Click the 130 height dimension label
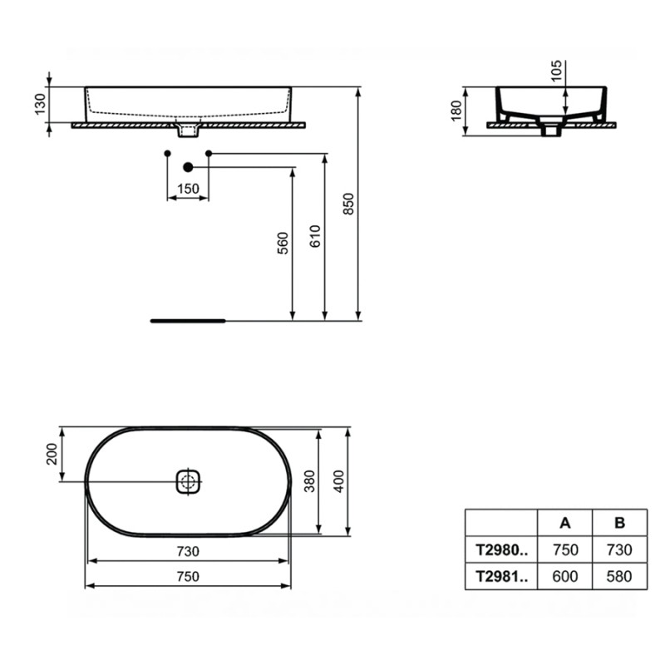tap(40, 105)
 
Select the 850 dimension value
tap(348, 204)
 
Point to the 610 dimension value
tap(315, 236)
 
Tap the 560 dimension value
tap(283, 243)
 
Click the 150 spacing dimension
tap(188, 189)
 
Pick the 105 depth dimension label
tap(556, 71)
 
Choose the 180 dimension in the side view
tap(456, 111)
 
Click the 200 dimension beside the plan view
tap(52, 454)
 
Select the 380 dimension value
tap(310, 481)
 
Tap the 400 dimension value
tap(339, 481)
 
